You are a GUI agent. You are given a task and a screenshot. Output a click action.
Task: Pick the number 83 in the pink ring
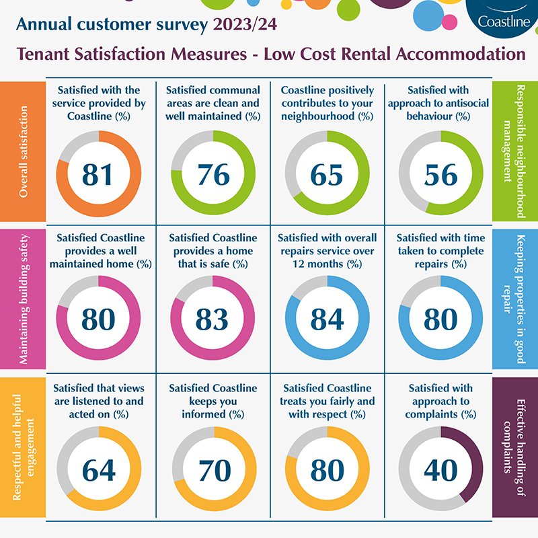213,319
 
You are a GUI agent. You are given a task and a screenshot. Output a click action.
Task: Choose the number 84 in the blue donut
327,319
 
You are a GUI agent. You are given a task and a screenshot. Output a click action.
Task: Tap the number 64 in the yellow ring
99,470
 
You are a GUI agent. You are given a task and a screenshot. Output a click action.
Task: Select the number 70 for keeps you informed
213,470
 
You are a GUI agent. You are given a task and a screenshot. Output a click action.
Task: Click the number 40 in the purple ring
441,470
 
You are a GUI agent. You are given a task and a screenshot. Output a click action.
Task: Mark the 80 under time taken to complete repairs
441,319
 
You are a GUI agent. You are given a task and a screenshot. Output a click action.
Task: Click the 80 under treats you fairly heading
327,470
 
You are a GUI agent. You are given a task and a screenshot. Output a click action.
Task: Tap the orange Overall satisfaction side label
23,152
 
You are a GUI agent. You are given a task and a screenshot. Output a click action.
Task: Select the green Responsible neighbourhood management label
515,152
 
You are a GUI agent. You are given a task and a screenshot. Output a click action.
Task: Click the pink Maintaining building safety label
23,299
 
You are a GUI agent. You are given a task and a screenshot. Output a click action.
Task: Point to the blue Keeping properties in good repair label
515,299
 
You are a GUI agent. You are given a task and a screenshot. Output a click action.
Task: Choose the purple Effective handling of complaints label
515,447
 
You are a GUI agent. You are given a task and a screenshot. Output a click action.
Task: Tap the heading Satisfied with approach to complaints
441,401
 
